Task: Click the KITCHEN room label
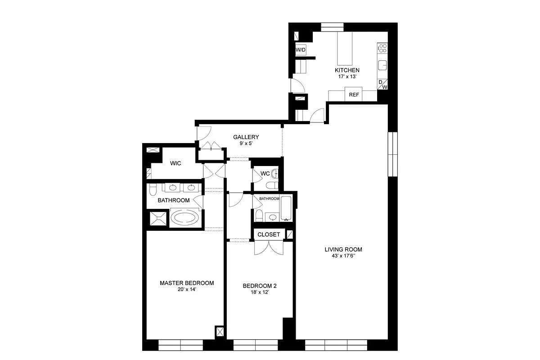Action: pyautogui.click(x=347, y=70)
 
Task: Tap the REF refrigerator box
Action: pyautogui.click(x=354, y=95)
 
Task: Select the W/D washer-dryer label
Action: pyautogui.click(x=301, y=50)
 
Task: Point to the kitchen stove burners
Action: pyautogui.click(x=382, y=48)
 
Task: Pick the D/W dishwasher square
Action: pyautogui.click(x=382, y=84)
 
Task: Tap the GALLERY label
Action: pyautogui.click(x=246, y=137)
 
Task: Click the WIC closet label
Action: pyautogui.click(x=175, y=163)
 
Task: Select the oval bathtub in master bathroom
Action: pyautogui.click(x=185, y=219)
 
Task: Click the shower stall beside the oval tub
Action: pyautogui.click(x=158, y=219)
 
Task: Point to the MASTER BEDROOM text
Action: pyautogui.click(x=187, y=283)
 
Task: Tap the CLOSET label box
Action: pyautogui.click(x=269, y=234)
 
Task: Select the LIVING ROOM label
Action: pyautogui.click(x=343, y=249)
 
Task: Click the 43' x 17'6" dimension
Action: pyautogui.click(x=343, y=256)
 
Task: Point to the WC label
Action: pyautogui.click(x=265, y=173)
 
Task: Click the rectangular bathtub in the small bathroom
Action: pyautogui.click(x=287, y=207)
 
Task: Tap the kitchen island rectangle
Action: pyautogui.click(x=346, y=49)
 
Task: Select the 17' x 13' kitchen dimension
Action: pyautogui.click(x=347, y=77)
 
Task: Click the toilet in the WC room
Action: pyautogui.click(x=271, y=185)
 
